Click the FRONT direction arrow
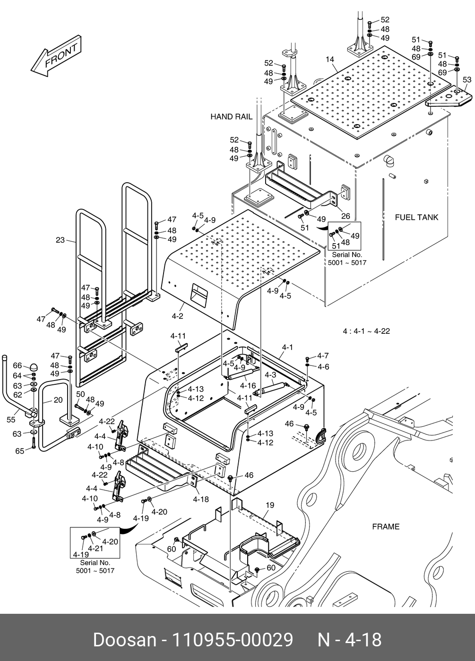(56, 56)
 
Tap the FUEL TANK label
(416, 218)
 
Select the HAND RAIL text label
(231, 117)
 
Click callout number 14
(330, 59)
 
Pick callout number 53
(467, 80)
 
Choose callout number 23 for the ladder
(60, 240)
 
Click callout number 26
(345, 216)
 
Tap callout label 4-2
(178, 316)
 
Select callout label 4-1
(287, 347)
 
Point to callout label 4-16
(248, 386)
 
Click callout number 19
(270, 505)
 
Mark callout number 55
(11, 419)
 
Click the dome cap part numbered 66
(34, 368)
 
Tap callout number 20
(58, 400)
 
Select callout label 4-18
(201, 499)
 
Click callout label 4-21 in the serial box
(95, 548)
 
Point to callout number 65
(20, 451)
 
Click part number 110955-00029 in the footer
(233, 640)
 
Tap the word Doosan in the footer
(124, 640)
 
